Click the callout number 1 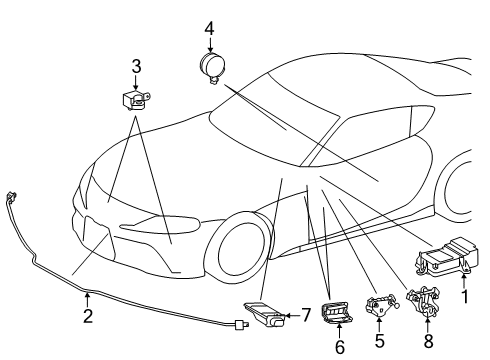pos(463,297)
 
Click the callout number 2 pos(88,317)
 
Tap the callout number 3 pos(136,67)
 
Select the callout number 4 pos(210,28)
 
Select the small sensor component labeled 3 pos(134,100)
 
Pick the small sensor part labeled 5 pos(376,307)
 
